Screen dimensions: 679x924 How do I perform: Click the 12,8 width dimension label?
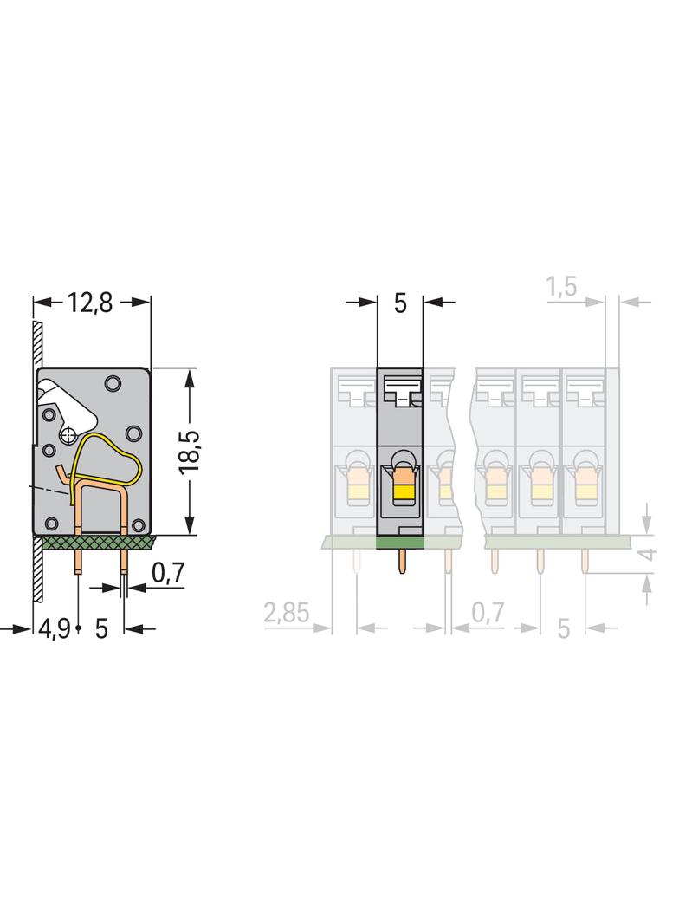coord(89,303)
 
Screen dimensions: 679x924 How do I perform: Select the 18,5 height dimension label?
coord(190,452)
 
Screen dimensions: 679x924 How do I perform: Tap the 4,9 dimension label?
coord(55,628)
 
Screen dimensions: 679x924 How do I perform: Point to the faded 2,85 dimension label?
coord(286,613)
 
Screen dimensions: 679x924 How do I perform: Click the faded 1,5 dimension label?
coord(562,288)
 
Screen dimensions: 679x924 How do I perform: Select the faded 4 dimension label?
coord(648,554)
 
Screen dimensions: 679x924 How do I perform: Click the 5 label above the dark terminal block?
coord(400,303)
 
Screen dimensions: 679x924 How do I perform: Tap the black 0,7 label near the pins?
coord(168,572)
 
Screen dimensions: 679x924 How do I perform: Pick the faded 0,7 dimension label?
coord(488,613)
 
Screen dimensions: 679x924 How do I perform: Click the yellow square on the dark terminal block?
coord(403,492)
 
